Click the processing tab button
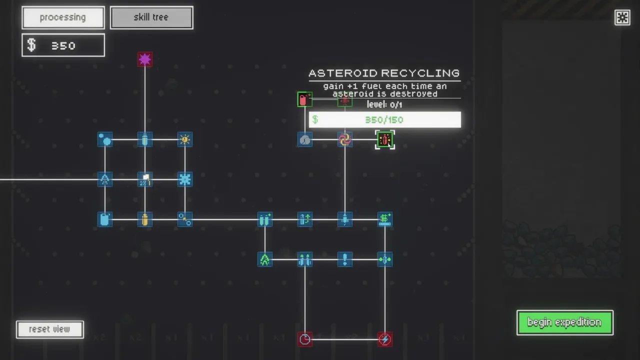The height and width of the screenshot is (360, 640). (x=63, y=17)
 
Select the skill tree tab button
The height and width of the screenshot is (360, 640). (x=151, y=17)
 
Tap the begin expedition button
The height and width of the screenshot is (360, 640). (x=564, y=322)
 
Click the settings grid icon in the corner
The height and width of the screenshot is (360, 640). (x=622, y=17)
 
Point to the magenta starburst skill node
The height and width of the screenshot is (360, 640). (x=145, y=59)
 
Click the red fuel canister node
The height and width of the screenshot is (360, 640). (x=304, y=99)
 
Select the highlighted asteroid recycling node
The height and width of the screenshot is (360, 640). (x=385, y=139)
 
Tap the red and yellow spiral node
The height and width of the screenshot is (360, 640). (x=345, y=139)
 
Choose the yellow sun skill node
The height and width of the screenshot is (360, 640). (x=185, y=139)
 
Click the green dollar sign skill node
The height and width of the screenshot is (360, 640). (x=385, y=219)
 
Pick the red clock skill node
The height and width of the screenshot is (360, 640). (x=305, y=339)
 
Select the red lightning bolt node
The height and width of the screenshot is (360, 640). (x=385, y=339)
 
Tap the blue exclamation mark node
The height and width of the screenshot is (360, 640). (x=345, y=259)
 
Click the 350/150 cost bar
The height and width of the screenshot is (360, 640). (x=385, y=119)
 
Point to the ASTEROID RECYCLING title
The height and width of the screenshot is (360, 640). (x=384, y=73)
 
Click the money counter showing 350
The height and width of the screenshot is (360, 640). (x=63, y=45)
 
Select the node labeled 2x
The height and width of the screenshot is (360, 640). (x=145, y=179)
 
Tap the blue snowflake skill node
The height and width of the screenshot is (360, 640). (x=185, y=179)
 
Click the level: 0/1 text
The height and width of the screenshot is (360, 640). (x=384, y=104)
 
